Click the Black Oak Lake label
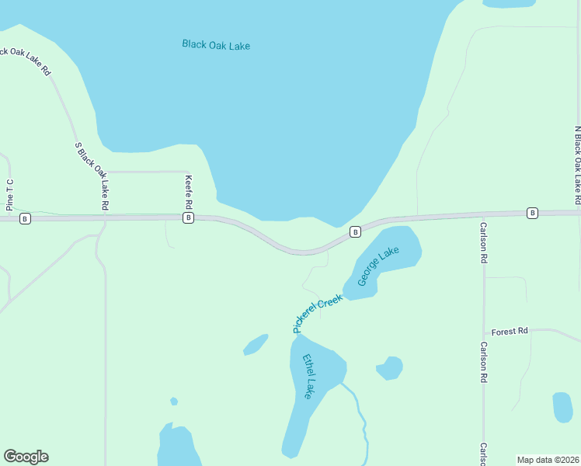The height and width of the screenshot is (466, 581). tap(216, 44)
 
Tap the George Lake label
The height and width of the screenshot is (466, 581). tap(378, 266)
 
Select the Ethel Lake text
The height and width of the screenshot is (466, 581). tap(309, 377)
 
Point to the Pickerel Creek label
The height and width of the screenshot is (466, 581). tap(318, 314)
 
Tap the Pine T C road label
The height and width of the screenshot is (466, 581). tap(10, 194)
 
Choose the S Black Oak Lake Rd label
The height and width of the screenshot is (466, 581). tap(92, 176)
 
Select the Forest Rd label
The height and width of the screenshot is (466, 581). tap(510, 331)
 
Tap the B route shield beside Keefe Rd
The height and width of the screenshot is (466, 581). tap(188, 218)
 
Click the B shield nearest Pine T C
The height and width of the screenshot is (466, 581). tap(25, 219)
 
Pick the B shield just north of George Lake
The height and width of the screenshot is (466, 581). tap(355, 231)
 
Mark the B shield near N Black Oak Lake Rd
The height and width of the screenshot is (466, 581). tap(532, 213)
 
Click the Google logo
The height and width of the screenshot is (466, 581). tap(26, 457)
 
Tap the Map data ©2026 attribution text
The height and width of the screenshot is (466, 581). tap(548, 460)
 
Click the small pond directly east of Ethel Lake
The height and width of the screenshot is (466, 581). tap(390, 367)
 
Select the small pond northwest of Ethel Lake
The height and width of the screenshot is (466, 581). tap(256, 344)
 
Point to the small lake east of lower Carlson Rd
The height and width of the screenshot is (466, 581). tap(562, 407)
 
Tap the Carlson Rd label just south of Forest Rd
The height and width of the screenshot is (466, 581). tap(483, 363)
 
